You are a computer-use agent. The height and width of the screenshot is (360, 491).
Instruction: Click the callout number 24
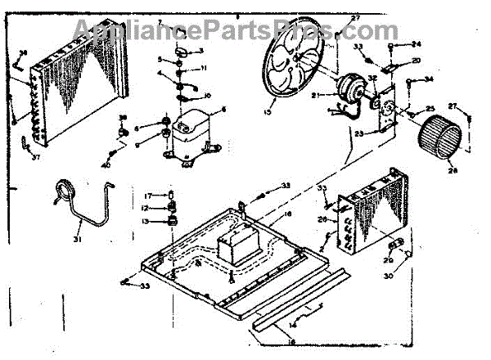click(416, 44)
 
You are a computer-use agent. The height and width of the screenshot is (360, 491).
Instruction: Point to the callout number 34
click(428, 79)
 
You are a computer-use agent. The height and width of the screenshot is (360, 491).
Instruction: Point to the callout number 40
click(105, 165)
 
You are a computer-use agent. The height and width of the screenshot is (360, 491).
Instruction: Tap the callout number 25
click(429, 110)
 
